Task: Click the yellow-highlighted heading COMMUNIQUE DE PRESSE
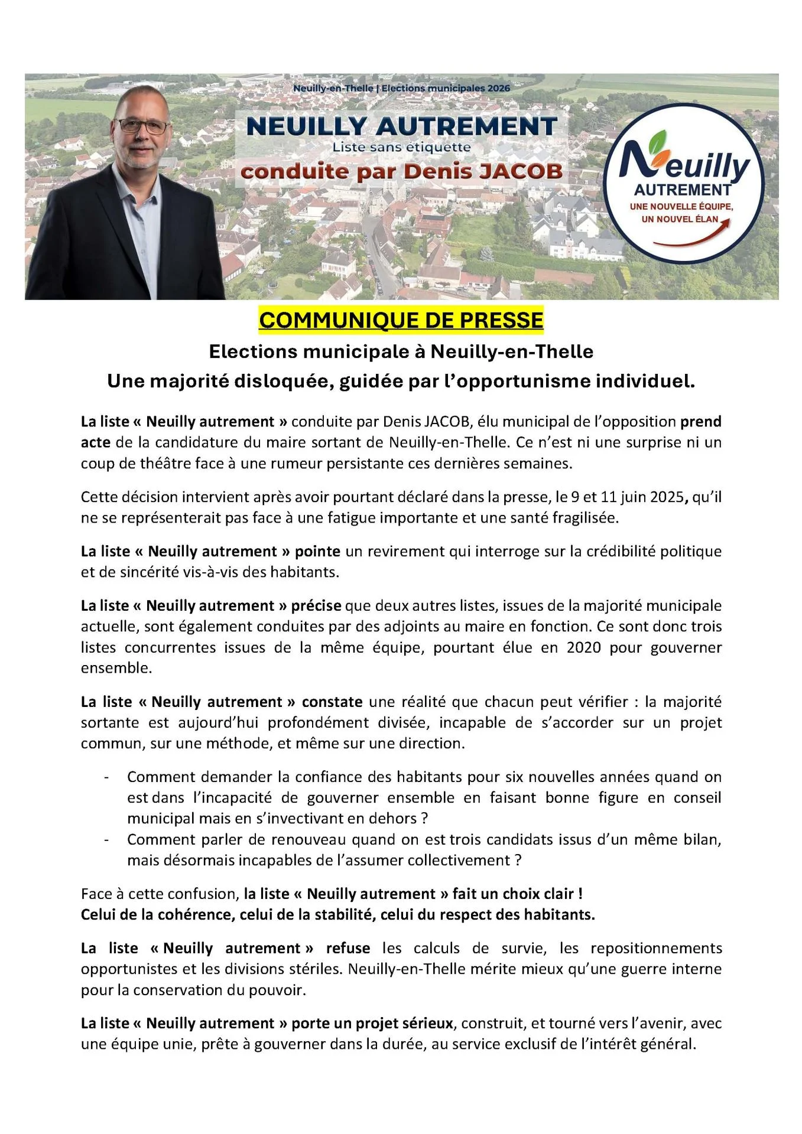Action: point(401,320)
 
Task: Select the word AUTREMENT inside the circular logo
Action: point(683,190)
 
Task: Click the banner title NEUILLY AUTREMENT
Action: point(401,126)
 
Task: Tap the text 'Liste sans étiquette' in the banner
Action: point(401,147)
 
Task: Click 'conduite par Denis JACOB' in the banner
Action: point(401,171)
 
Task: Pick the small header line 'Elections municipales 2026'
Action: point(446,88)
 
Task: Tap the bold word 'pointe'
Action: point(317,552)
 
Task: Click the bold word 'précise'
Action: point(316,606)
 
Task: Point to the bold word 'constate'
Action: point(332,702)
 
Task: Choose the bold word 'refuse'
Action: point(348,948)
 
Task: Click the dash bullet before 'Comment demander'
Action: point(106,777)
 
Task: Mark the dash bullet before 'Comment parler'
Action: point(106,840)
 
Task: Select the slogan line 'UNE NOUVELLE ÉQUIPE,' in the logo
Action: point(681,207)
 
